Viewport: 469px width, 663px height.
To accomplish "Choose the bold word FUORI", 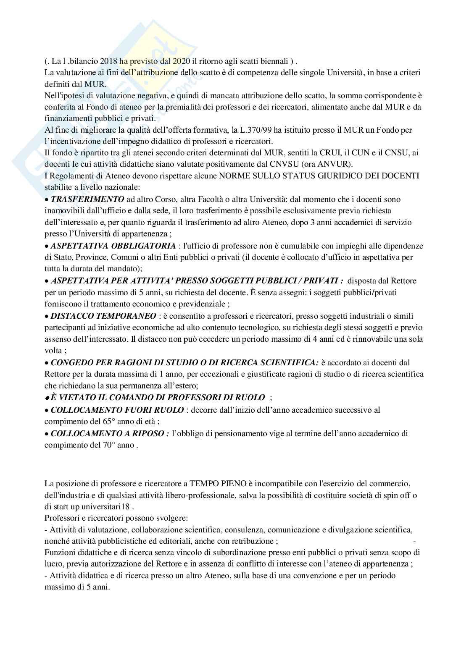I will point(132,409).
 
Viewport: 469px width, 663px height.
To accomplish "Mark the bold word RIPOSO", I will point(149,433).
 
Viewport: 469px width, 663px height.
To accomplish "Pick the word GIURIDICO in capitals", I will point(346,176).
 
